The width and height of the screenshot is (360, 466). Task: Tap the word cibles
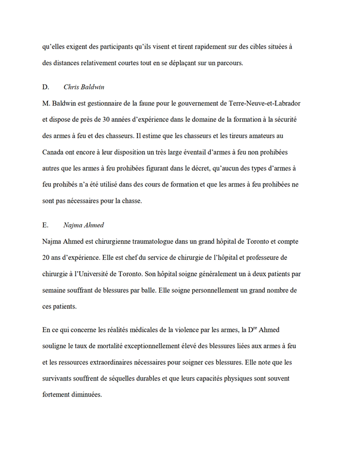pos(246,47)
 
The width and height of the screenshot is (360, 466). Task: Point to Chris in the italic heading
pos(72,87)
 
